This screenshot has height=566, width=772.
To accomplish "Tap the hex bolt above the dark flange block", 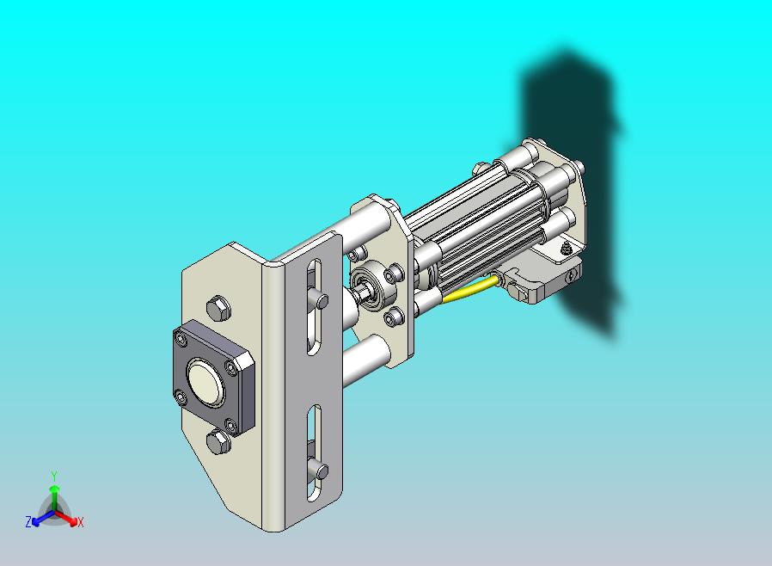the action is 218,309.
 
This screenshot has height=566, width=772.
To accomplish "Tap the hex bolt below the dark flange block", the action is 218,441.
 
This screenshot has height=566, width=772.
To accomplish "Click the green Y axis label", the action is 55,476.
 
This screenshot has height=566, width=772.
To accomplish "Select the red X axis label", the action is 80,522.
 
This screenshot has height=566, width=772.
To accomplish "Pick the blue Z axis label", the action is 28,521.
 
